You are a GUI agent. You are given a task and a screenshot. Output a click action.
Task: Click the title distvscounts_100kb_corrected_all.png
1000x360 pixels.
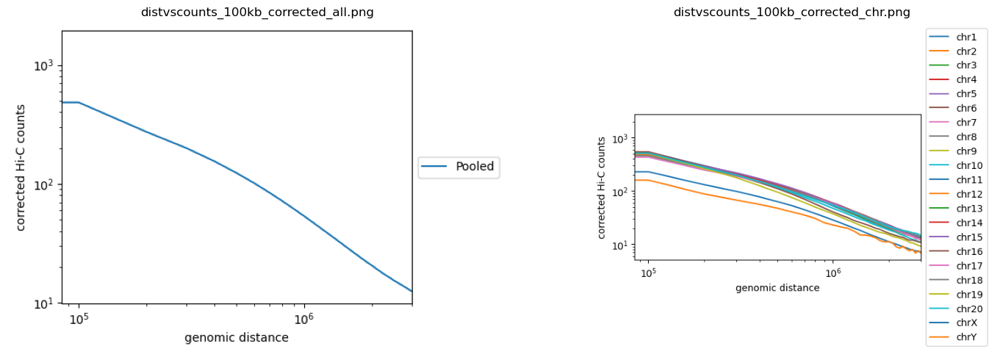pyautogui.click(x=257, y=12)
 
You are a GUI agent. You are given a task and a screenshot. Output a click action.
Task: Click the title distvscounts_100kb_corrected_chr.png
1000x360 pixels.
pyautogui.click(x=791, y=12)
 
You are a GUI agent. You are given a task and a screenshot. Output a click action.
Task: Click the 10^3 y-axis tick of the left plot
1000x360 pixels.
pyautogui.click(x=44, y=66)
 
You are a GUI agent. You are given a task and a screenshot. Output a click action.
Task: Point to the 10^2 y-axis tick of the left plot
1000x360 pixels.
pyautogui.click(x=44, y=184)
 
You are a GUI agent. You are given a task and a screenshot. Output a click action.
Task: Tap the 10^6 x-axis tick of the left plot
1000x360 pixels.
pyautogui.click(x=303, y=319)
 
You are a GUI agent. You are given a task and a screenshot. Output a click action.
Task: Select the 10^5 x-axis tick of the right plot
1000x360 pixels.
pyautogui.click(x=648, y=273)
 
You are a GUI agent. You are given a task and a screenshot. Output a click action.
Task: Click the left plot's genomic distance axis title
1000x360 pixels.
pyautogui.click(x=237, y=338)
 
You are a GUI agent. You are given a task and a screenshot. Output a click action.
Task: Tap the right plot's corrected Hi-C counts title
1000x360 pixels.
pyautogui.click(x=602, y=187)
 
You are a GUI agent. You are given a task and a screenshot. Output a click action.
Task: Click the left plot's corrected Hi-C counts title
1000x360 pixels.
pyautogui.click(x=21, y=168)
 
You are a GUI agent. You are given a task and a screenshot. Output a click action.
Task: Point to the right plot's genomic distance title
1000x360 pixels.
pyautogui.click(x=777, y=288)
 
